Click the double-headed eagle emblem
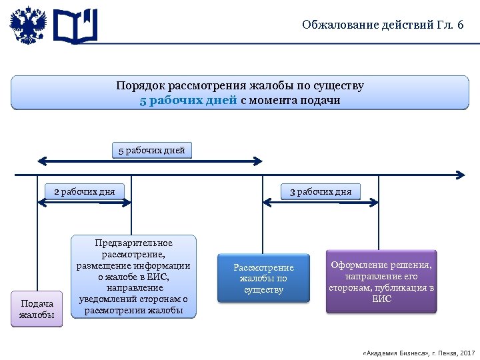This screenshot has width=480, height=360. click(x=29, y=25)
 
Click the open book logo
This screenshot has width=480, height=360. click(x=75, y=25)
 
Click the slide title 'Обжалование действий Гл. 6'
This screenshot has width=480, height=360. click(x=382, y=25)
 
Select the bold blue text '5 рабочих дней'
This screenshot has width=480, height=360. click(x=188, y=101)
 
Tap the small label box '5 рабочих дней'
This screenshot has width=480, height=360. click(x=151, y=150)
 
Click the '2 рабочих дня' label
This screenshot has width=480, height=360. click(x=84, y=192)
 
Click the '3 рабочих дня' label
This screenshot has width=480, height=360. click(x=320, y=192)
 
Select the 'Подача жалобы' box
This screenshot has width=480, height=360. click(x=37, y=309)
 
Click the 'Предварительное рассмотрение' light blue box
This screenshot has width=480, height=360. click(x=134, y=276)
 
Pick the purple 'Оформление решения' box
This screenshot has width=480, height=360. click(x=381, y=281)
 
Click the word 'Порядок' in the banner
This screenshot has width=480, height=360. click(x=141, y=87)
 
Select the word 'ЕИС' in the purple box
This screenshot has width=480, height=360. click(x=381, y=299)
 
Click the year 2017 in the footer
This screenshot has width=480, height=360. click(x=467, y=351)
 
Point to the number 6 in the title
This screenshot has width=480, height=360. click(x=460, y=25)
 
